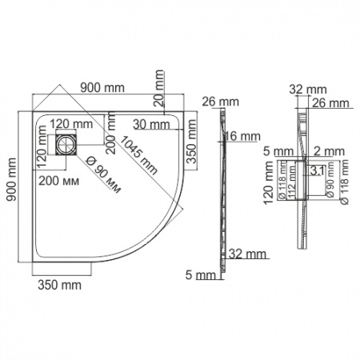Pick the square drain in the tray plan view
pos(63,146)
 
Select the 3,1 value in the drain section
pos(317,170)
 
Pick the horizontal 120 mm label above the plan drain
pos(72,124)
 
